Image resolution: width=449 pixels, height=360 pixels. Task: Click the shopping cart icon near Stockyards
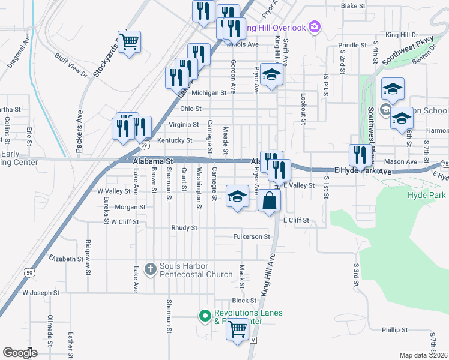click(129, 42)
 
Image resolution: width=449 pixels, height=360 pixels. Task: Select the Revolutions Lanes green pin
click(205, 314)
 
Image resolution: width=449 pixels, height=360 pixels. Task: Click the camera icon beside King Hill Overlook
click(314, 26)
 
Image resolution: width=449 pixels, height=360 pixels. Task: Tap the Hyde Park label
click(426, 196)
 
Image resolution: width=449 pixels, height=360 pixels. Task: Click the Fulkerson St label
click(252, 237)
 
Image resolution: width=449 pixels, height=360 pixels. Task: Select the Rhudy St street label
click(184, 228)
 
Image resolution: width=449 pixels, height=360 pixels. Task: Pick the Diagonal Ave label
click(19, 52)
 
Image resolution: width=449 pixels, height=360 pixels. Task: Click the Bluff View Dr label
click(71, 65)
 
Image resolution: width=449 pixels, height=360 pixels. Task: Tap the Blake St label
click(353, 6)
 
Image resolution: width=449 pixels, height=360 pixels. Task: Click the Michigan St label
click(213, 93)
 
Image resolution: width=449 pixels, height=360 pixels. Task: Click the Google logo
click(20, 353)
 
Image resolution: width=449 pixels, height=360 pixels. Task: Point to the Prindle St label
click(352, 45)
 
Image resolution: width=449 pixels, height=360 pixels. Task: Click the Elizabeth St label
click(65, 259)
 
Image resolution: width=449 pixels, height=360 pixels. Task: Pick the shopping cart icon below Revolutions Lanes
click(238, 329)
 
